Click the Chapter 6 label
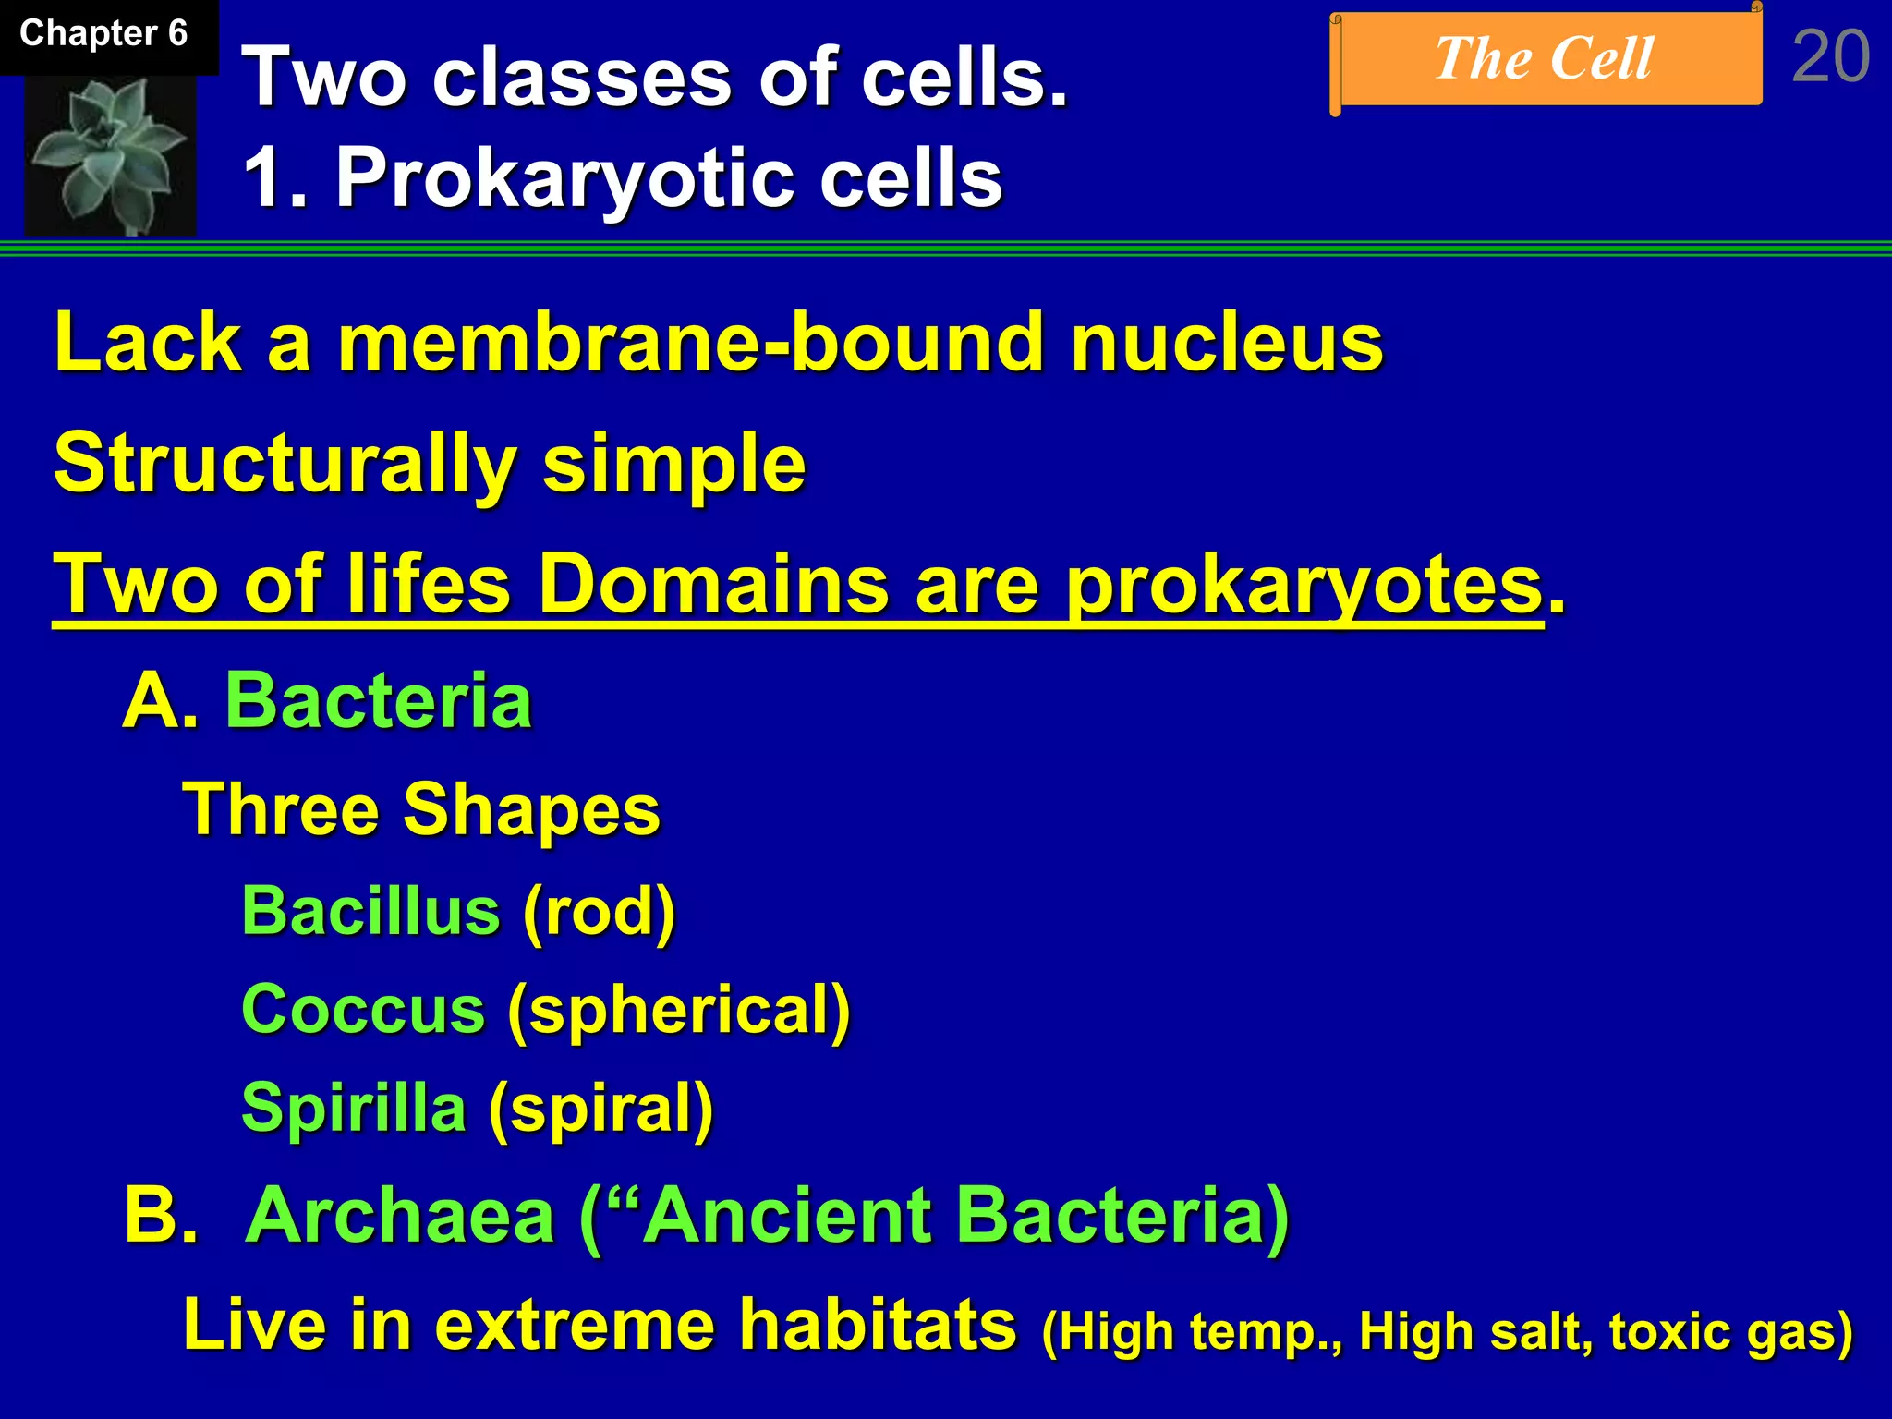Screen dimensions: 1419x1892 [x=103, y=34]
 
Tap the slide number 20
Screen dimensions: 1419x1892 [x=1830, y=57]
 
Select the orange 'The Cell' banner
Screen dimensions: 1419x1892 [x=1545, y=59]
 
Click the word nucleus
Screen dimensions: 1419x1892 [x=1226, y=343]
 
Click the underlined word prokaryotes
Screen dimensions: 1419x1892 [x=1304, y=584]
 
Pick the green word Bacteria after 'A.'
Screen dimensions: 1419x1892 [x=379, y=700]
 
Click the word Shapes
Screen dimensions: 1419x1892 [x=531, y=809]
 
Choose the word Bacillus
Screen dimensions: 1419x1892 [x=370, y=911]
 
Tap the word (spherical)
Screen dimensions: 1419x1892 [x=679, y=1011]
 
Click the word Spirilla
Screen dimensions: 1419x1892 [x=354, y=1107]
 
